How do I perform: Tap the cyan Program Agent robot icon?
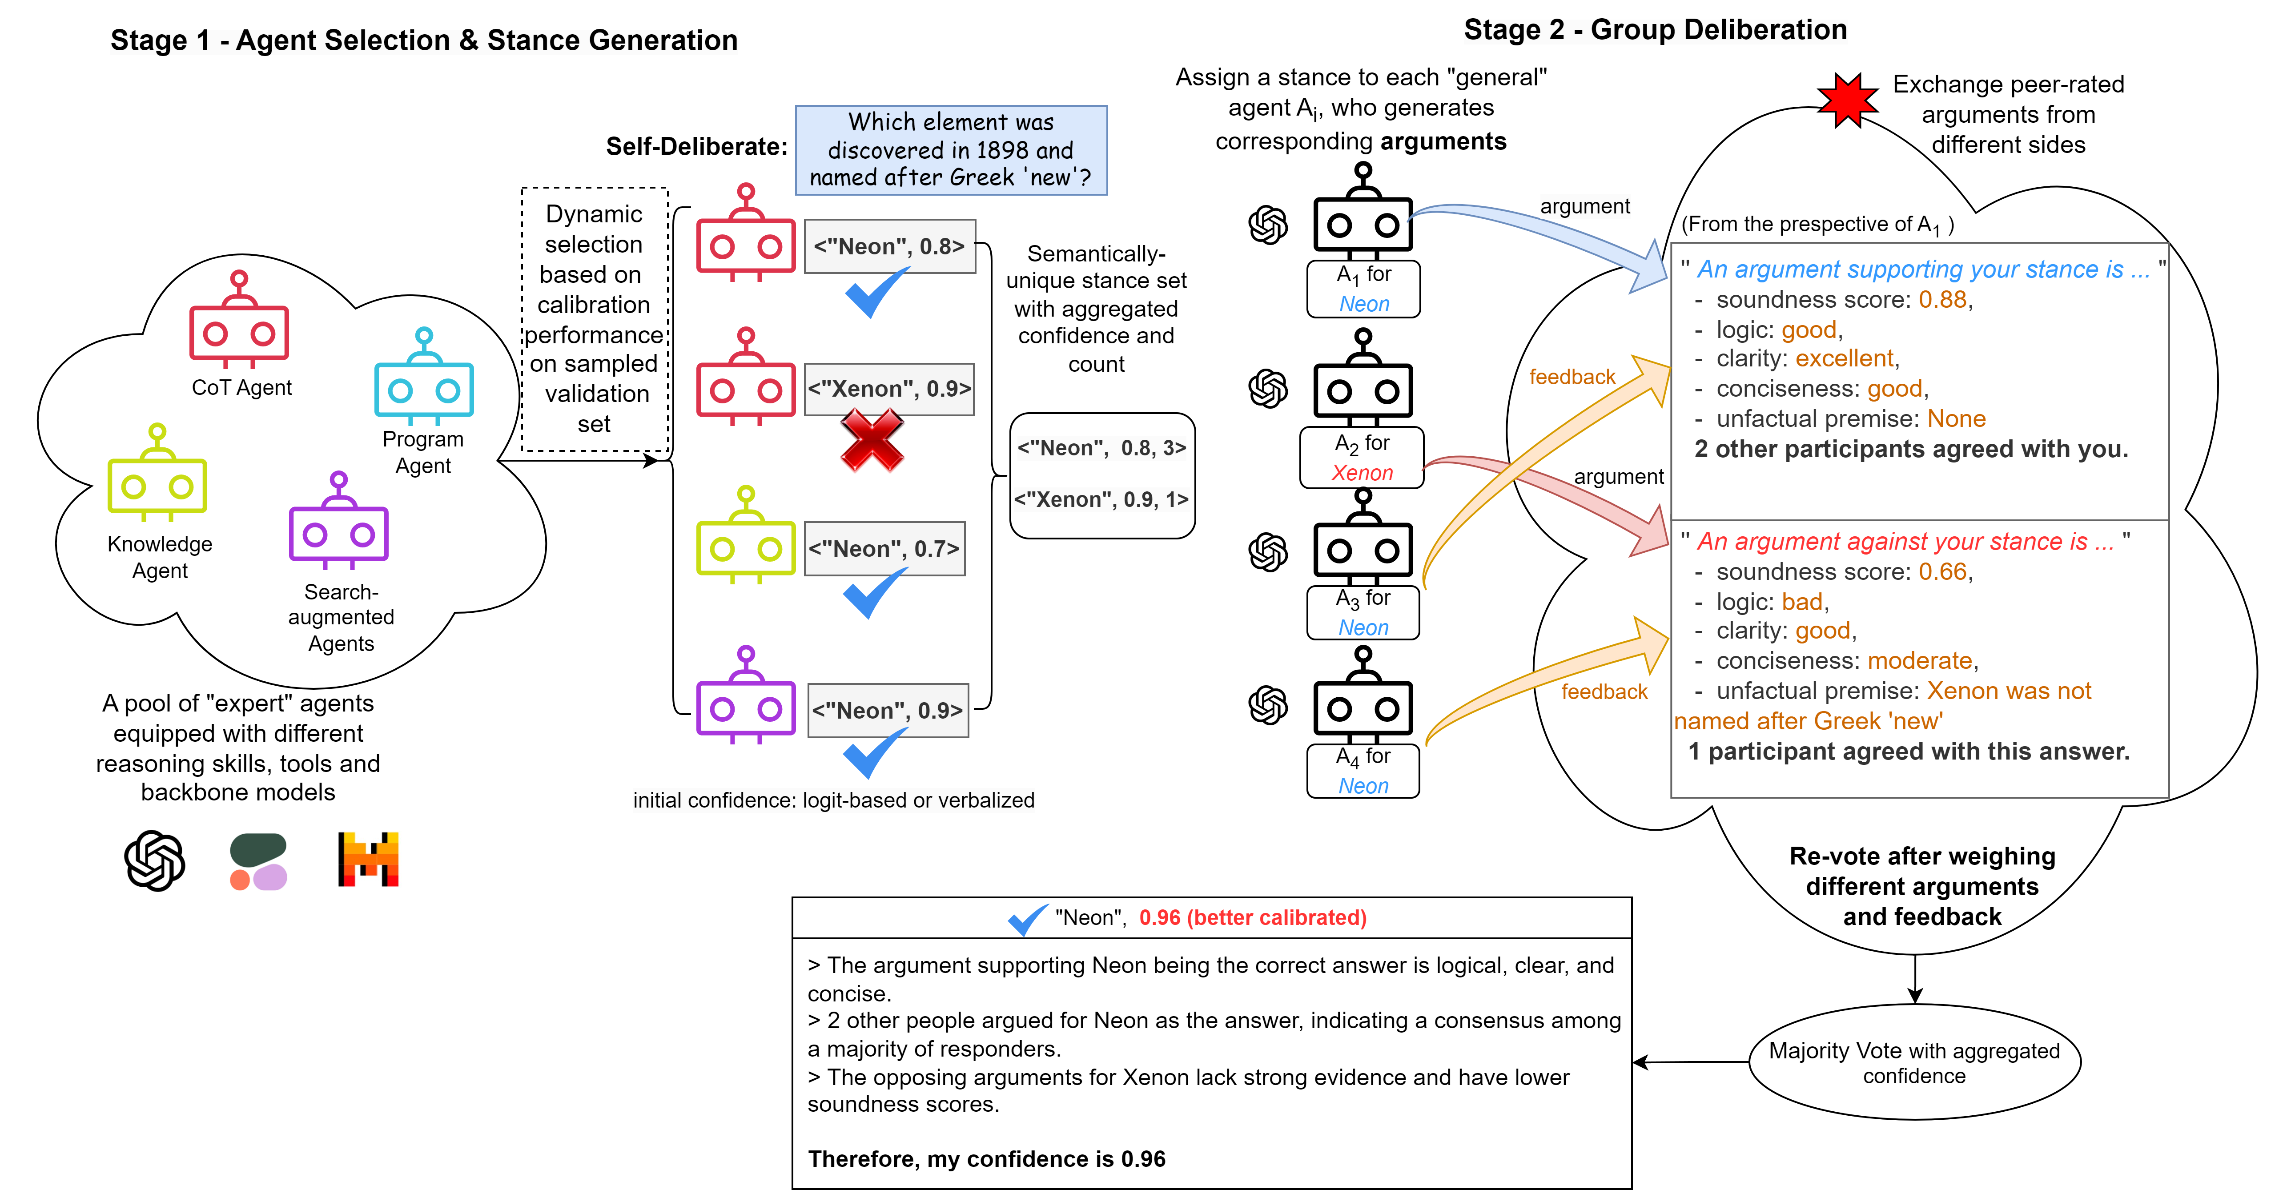pyautogui.click(x=424, y=378)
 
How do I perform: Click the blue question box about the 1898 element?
pyautogui.click(x=951, y=149)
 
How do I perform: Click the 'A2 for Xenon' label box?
pyautogui.click(x=1362, y=457)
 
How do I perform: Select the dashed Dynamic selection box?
pyautogui.click(x=594, y=318)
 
